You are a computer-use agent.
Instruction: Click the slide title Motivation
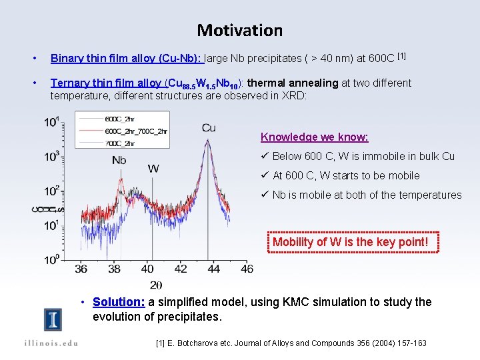pyautogui.click(x=239, y=30)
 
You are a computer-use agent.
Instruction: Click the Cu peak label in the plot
pyautogui.click(x=208, y=127)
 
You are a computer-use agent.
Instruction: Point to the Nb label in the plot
pyautogui.click(x=119, y=160)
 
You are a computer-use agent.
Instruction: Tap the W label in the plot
pyautogui.click(x=153, y=168)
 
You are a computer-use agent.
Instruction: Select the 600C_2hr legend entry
pyautogui.click(x=120, y=119)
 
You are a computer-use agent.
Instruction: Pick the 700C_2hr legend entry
pyautogui.click(x=120, y=143)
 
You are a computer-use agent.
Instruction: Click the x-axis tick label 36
pyautogui.click(x=81, y=269)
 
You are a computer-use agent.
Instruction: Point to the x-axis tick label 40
pyautogui.click(x=147, y=269)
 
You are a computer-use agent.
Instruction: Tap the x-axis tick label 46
pyautogui.click(x=247, y=269)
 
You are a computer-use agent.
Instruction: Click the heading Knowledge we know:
pyautogui.click(x=314, y=137)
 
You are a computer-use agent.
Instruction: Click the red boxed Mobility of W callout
pyautogui.click(x=351, y=242)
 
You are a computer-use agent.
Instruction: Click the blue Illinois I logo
pyautogui.click(x=53, y=320)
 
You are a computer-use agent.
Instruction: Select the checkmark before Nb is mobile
pyautogui.click(x=265, y=195)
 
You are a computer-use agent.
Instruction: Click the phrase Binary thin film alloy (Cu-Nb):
pyautogui.click(x=127, y=58)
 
